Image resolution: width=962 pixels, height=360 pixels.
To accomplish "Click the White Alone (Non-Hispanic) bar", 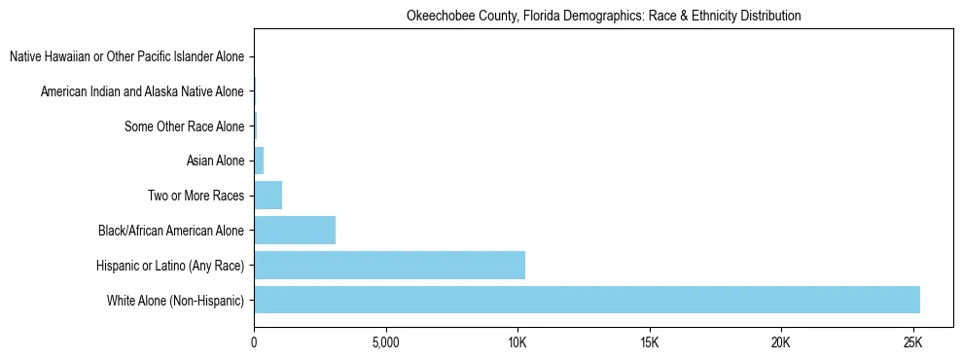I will click(587, 300).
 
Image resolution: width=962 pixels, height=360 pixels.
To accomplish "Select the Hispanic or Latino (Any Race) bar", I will click(389, 265).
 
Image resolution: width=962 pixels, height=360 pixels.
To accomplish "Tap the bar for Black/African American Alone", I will click(295, 231).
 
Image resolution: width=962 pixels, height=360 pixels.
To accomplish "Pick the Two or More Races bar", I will click(267, 196).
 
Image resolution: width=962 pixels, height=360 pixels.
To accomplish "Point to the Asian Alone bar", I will click(259, 161).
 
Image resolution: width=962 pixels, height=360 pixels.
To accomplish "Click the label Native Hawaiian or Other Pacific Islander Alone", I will click(126, 57).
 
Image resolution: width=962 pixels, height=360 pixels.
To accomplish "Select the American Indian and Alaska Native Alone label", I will click(142, 91).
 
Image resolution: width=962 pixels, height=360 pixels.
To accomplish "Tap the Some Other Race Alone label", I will click(184, 126).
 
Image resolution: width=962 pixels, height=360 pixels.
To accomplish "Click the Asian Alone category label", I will click(215, 161).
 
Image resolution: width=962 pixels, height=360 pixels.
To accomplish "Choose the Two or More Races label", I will click(196, 196).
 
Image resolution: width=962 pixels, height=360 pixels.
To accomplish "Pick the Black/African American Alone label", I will click(171, 231).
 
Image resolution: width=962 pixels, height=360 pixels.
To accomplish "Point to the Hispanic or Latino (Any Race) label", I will click(170, 265).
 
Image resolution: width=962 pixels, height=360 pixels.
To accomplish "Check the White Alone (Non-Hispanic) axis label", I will click(175, 300).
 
